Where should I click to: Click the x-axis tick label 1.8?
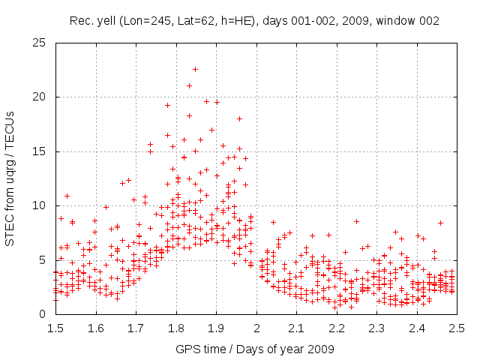click(x=175, y=328)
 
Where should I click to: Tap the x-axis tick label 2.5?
click(x=457, y=328)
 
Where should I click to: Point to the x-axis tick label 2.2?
click(x=336, y=328)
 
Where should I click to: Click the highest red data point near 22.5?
click(x=195, y=69)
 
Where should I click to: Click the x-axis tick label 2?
click(x=256, y=328)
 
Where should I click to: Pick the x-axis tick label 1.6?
click(x=95, y=328)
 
